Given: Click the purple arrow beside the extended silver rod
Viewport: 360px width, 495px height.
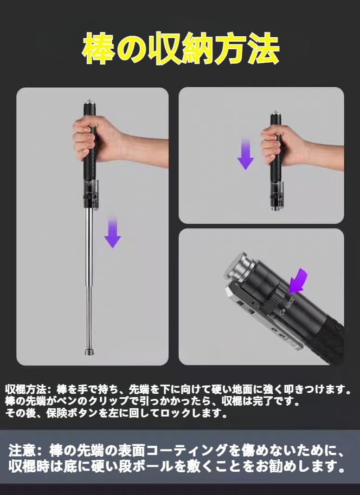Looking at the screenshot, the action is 113,231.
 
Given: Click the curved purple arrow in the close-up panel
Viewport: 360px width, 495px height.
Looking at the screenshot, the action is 297,280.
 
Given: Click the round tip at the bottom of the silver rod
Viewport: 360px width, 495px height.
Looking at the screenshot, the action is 89,352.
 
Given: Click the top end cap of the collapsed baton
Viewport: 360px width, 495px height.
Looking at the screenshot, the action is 276,113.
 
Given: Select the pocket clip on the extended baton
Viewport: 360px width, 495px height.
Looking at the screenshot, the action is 96,194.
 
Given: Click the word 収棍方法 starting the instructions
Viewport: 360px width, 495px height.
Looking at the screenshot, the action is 26,389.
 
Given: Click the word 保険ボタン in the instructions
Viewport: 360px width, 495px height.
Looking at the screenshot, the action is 72,413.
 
